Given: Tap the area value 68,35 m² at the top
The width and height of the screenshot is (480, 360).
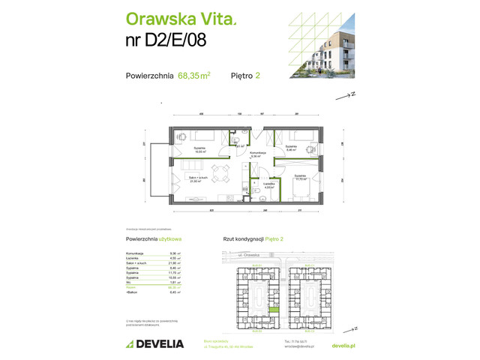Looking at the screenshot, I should pyautogui.click(x=193, y=75).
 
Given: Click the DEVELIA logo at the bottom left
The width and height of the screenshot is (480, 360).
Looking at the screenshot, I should pyautogui.click(x=154, y=343).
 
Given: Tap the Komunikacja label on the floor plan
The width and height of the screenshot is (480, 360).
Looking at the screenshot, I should pyautogui.click(x=259, y=154).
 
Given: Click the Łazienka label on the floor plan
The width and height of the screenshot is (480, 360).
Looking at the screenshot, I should pyautogui.click(x=268, y=184).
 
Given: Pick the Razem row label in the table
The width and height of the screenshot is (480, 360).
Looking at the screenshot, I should pyautogui.click(x=132, y=286).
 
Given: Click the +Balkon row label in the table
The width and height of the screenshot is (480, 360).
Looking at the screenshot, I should pyautogui.click(x=133, y=292).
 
